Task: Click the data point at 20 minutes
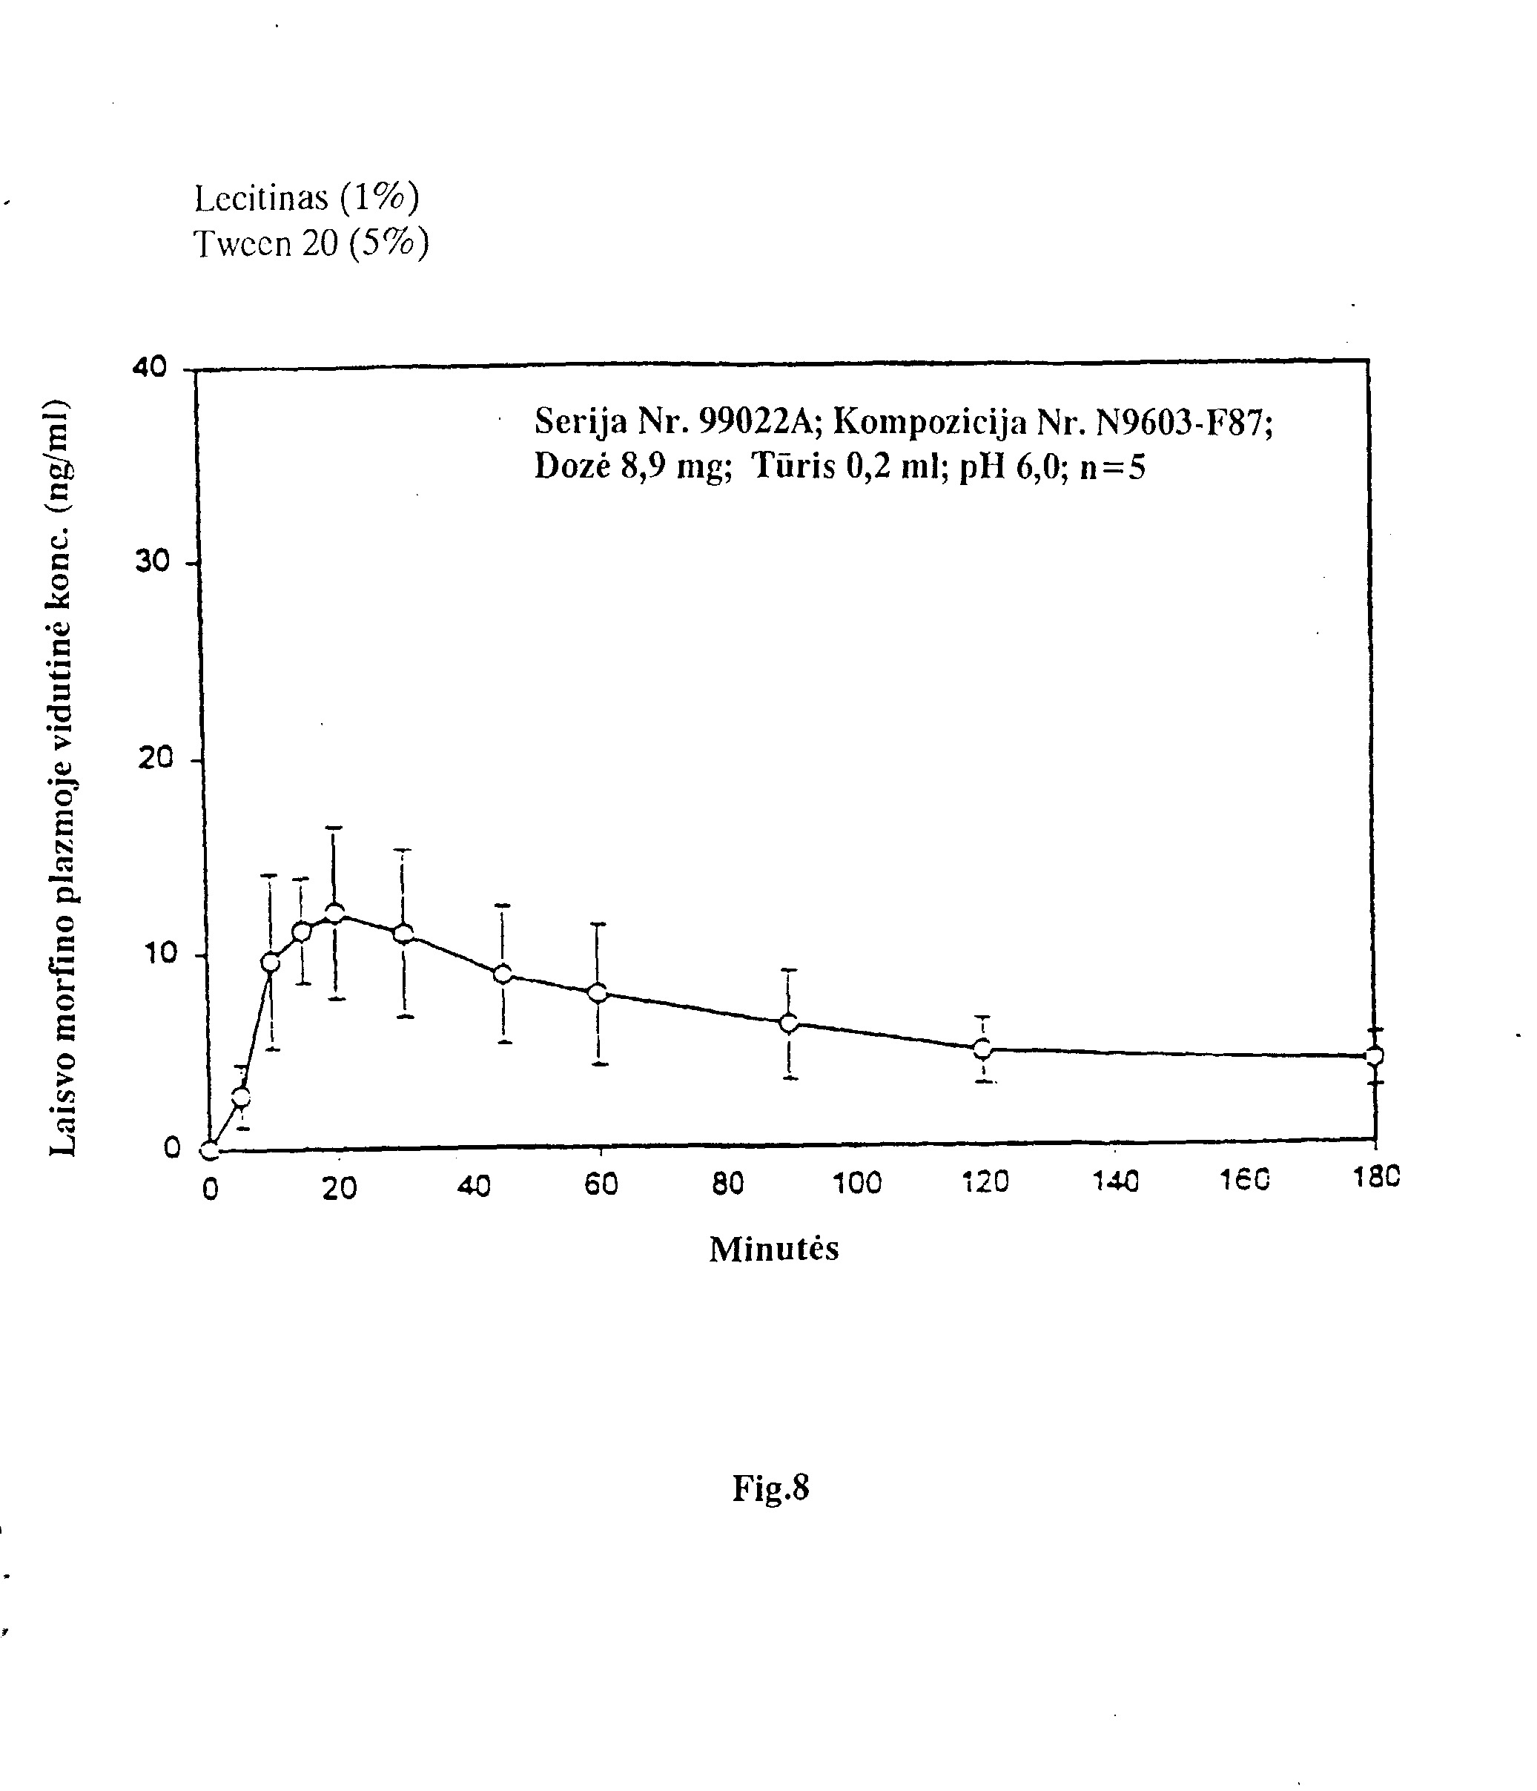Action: coord(335,913)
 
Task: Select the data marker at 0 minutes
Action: coord(209,1150)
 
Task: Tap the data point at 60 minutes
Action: coord(597,992)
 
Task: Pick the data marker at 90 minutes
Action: coord(789,1023)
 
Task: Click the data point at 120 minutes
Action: coord(982,1049)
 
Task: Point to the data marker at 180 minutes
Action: coord(1374,1055)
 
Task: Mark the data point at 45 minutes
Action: coord(502,974)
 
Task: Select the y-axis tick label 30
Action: coord(152,562)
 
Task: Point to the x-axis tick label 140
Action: coord(1115,1181)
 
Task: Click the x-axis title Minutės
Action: coord(773,1248)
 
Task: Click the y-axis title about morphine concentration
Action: coord(63,777)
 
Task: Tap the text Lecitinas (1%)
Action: coord(307,198)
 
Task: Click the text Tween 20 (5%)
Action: coord(311,244)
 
